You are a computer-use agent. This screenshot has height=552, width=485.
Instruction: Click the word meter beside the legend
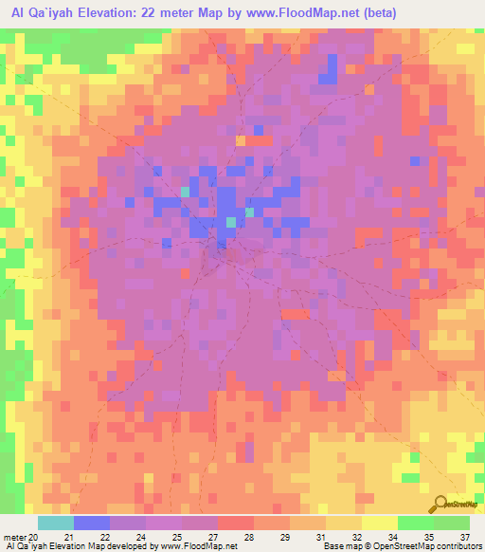pos(14,537)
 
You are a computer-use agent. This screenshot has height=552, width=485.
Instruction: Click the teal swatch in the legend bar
pos(56,523)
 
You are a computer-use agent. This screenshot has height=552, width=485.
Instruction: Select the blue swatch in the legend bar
pos(92,523)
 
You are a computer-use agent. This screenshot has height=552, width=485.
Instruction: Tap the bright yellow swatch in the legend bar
pos(380,523)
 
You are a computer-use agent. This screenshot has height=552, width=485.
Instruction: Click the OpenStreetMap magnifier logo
pos(440,505)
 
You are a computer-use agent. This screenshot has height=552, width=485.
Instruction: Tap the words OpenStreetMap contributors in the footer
pos(438,547)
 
